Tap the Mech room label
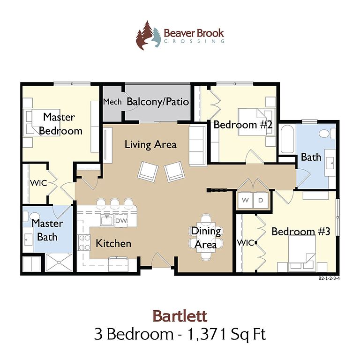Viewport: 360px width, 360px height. tap(112, 102)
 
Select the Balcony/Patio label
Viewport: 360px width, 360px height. tap(157, 102)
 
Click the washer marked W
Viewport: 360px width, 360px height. tap(245, 200)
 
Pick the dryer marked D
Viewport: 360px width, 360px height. tap(261, 200)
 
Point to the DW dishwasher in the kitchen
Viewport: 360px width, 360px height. tap(121, 221)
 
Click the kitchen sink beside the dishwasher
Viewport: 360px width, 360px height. tap(107, 220)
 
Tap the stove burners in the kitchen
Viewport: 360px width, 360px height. tap(84, 242)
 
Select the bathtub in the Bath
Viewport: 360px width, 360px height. tap(287, 139)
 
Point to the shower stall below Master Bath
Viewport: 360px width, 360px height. tap(59, 262)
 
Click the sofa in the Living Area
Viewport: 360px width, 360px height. tap(198, 145)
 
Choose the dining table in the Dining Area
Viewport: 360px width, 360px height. tap(206, 237)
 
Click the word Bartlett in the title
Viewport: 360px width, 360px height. tap(180, 316)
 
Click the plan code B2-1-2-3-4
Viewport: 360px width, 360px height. tap(329, 278)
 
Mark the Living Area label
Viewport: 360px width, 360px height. tap(150, 145)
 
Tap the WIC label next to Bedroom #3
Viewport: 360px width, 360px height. tap(246, 243)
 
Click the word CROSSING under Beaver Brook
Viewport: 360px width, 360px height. tap(194, 41)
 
